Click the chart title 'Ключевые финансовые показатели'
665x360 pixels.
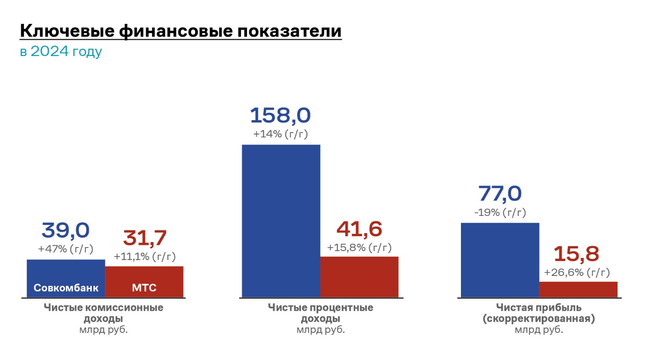click(181, 31)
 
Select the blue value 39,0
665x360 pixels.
click(66, 230)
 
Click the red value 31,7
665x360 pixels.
click(144, 238)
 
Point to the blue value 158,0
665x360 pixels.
click(280, 115)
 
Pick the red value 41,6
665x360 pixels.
click(359, 229)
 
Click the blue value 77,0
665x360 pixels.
click(500, 194)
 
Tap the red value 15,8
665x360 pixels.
click(577, 254)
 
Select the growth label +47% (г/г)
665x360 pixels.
click(66, 249)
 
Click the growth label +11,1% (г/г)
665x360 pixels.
click(144, 257)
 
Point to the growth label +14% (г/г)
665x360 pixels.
click(280, 134)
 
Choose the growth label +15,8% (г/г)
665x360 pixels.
click(359, 248)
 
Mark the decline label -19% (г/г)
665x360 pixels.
click(500, 212)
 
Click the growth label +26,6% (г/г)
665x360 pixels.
click(577, 272)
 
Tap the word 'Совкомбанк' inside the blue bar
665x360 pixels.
click(66, 288)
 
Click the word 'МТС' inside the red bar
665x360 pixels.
click(144, 288)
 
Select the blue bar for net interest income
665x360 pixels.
click(281, 221)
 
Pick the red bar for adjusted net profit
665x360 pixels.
click(578, 290)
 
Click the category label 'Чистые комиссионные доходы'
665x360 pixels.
click(104, 313)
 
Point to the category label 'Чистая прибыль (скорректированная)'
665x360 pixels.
click(539, 313)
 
